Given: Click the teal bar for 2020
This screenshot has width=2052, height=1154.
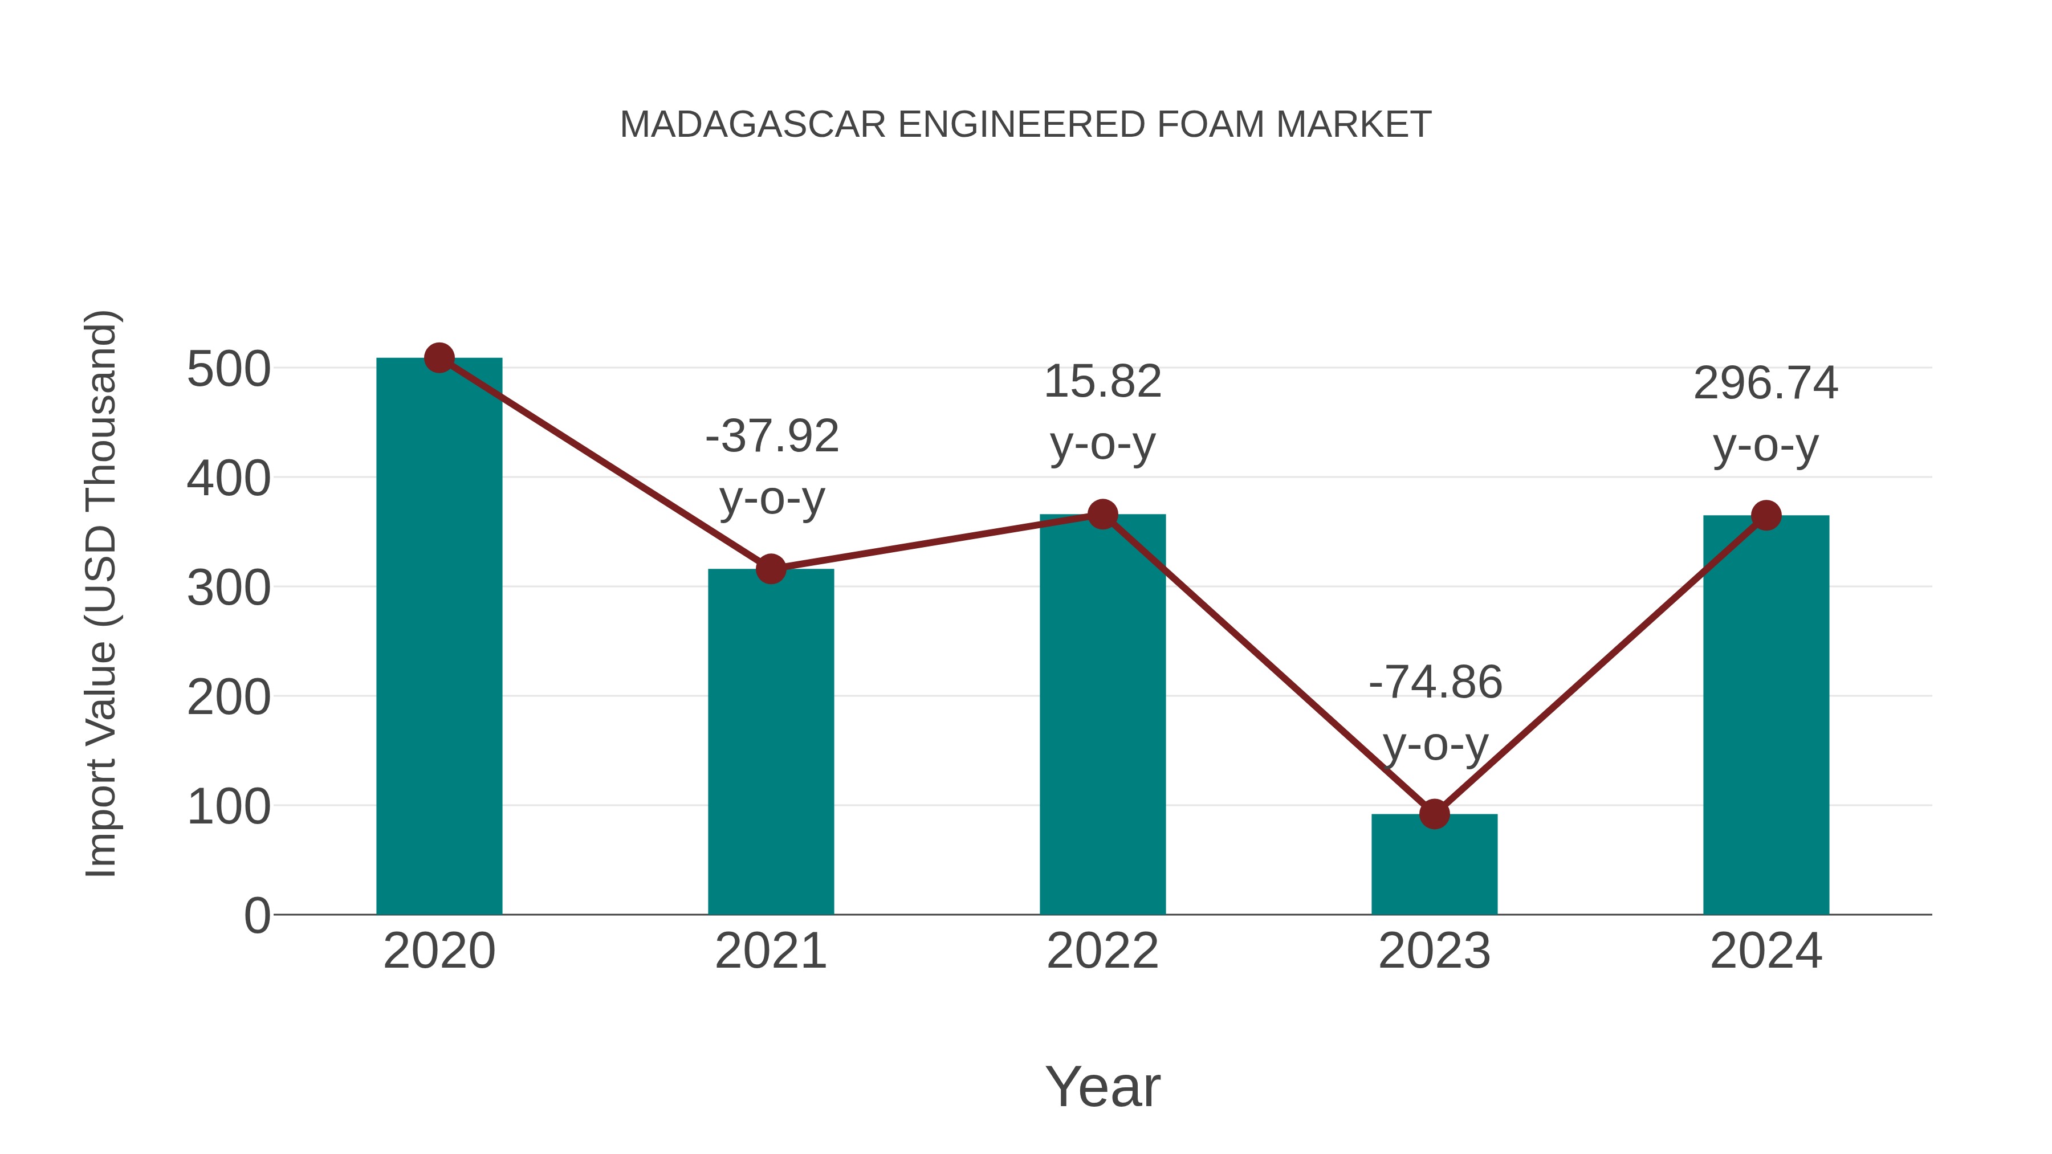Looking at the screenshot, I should pos(439,637).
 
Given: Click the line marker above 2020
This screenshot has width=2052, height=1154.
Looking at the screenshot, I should pos(439,358).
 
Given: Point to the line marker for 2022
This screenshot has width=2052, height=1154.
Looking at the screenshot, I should pos(1102,515).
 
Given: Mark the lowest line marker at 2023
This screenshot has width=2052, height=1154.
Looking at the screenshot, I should pos(1434,814).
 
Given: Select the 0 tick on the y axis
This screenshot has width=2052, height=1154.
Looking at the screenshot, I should pos(256,916).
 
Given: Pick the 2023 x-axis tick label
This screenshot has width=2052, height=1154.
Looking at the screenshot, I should pos(1434,951).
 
